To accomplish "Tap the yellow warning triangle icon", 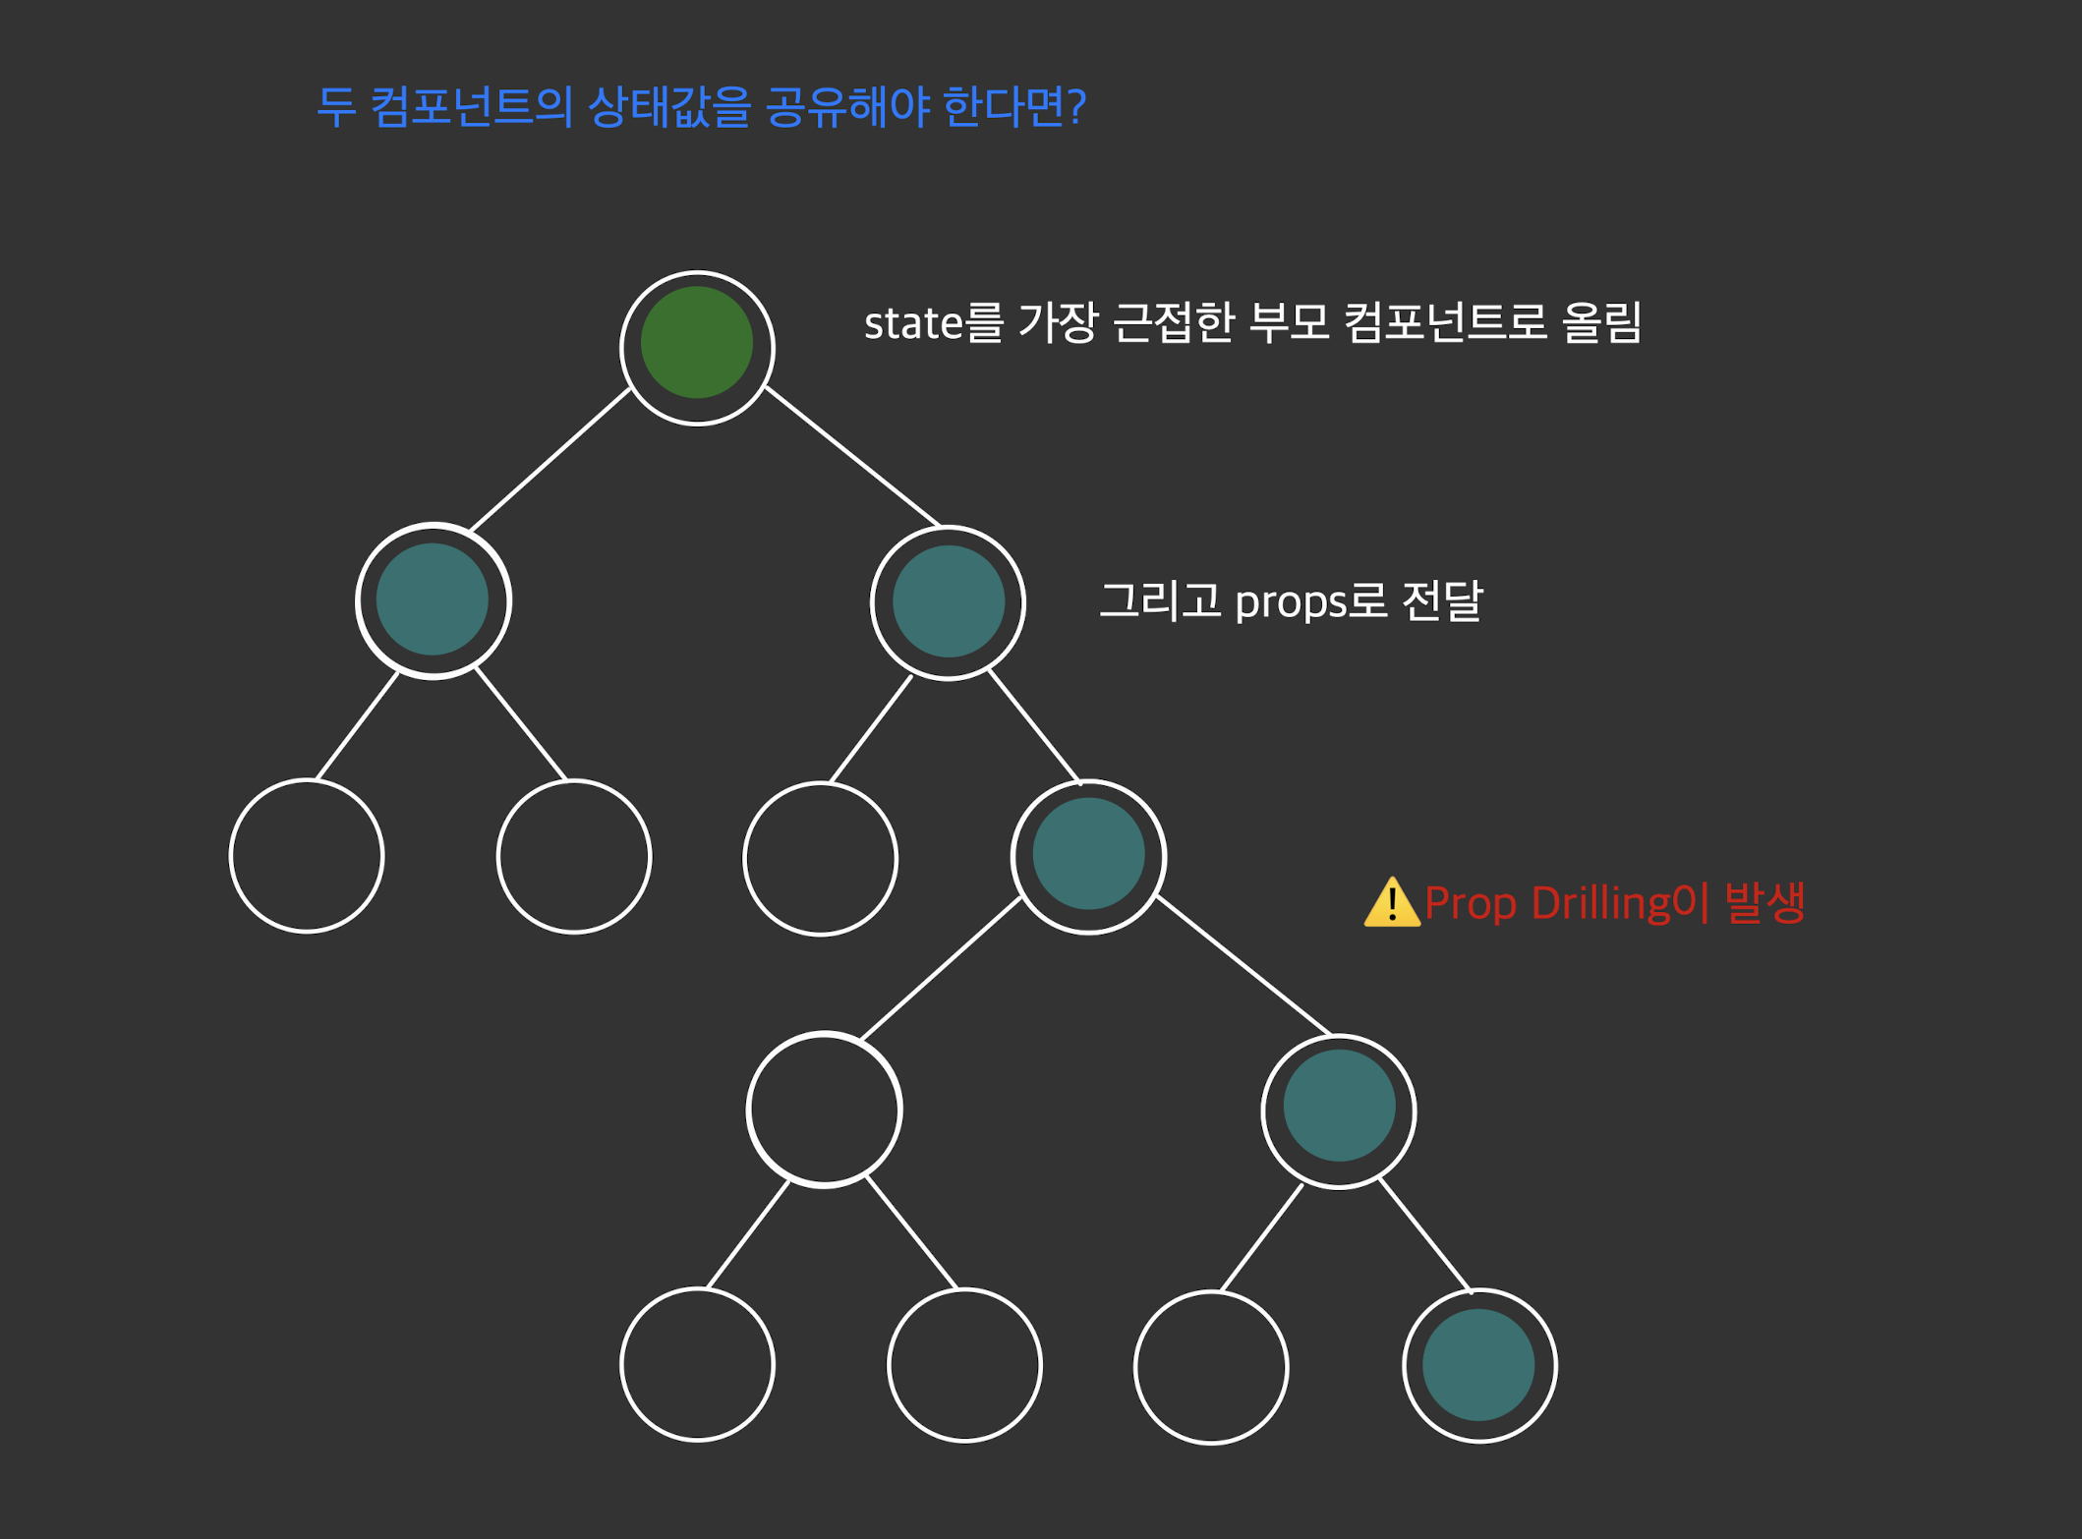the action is tap(1391, 903).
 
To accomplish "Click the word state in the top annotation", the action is tap(912, 323).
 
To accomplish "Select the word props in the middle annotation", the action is tap(1290, 601).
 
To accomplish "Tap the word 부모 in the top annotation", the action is tap(1288, 322).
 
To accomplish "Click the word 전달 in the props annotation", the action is tap(1442, 600).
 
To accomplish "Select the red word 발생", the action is tap(1764, 902).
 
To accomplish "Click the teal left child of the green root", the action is tap(433, 599).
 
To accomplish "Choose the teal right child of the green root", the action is tap(948, 601).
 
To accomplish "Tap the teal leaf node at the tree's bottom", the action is tap(1478, 1364).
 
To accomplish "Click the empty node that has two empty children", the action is tap(824, 1109).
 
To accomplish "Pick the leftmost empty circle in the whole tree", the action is tap(306, 855).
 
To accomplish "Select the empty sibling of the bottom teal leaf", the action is tap(1210, 1366).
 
